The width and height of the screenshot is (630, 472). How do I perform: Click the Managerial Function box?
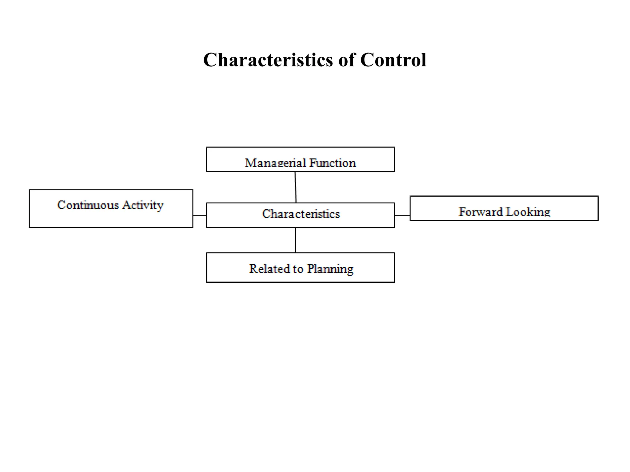click(x=300, y=159)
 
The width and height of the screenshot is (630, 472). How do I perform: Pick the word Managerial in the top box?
click(x=275, y=163)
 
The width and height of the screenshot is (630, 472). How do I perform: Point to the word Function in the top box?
click(x=332, y=163)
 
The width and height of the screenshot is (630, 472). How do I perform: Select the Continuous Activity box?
click(x=111, y=208)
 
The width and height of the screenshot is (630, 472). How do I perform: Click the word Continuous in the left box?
click(x=88, y=205)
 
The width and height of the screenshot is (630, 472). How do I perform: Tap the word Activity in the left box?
click(x=142, y=205)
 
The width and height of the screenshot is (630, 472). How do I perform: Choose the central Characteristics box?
click(x=301, y=215)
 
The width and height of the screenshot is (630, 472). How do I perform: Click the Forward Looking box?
click(x=504, y=208)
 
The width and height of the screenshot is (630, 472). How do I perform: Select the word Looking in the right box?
click(x=528, y=212)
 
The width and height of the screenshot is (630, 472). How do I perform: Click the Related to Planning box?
click(x=300, y=267)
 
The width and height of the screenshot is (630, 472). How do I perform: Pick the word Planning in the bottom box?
click(x=330, y=269)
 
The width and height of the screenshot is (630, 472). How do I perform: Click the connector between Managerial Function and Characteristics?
click(x=296, y=187)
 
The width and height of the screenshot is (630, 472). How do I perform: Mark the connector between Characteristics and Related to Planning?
click(x=296, y=240)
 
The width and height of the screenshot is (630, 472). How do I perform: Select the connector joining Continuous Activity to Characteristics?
click(x=200, y=216)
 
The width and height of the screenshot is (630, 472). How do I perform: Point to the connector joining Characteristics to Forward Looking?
click(x=402, y=216)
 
